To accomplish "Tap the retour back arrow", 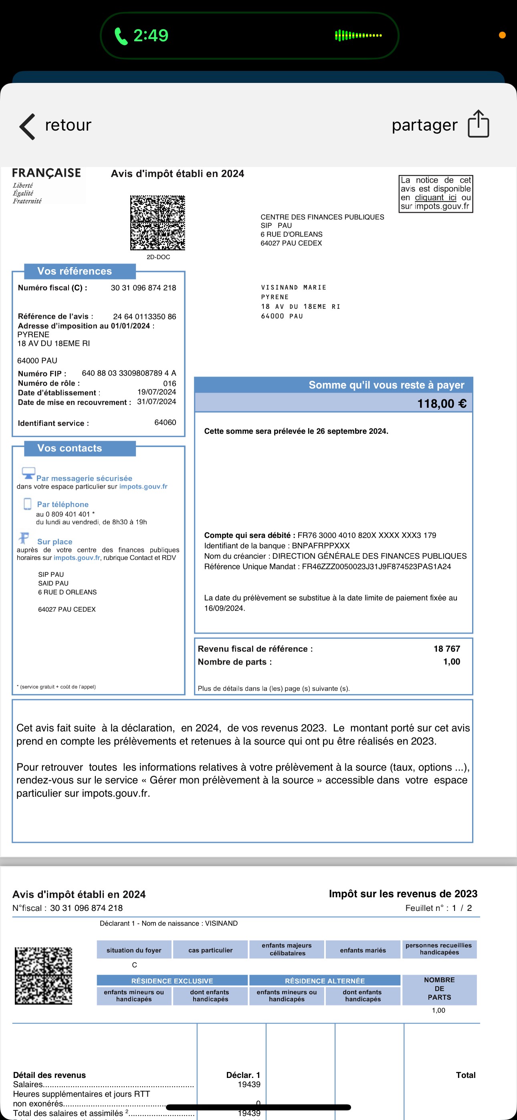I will [27, 127].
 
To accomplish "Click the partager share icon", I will [478, 124].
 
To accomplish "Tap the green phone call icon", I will [121, 36].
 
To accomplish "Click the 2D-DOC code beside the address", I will [158, 223].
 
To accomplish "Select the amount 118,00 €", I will [441, 403].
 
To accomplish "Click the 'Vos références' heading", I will [75, 271].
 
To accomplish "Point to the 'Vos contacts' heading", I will [70, 448].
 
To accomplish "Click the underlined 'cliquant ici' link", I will [435, 197].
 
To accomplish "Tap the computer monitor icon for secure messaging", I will [28, 473].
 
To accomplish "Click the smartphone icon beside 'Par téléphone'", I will [27, 504].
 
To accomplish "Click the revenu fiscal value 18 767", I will [446, 649].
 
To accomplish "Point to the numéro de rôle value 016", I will [169, 383].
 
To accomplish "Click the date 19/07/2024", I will [156, 392].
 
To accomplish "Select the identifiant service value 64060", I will [165, 423].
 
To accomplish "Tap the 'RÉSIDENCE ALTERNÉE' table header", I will [325, 981].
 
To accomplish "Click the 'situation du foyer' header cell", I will [133, 951].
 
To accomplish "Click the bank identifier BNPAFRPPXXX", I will [321, 546].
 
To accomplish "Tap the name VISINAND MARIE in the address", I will [293, 287].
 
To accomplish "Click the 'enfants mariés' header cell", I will [363, 951].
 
